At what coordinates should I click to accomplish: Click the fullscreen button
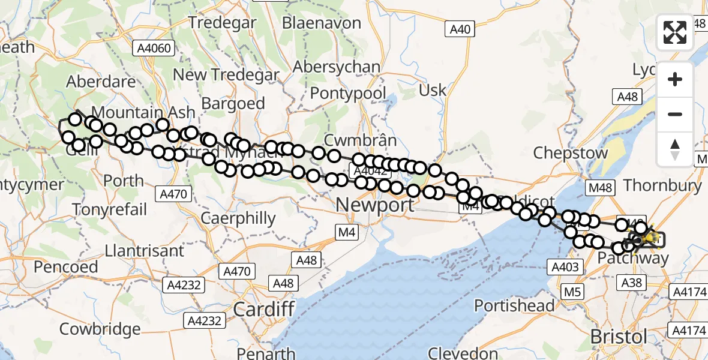[x=675, y=32]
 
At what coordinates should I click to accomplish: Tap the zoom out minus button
[x=675, y=114]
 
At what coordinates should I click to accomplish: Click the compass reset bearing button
[x=675, y=149]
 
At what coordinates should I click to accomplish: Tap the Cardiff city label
[x=263, y=310]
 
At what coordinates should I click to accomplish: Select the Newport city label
[x=374, y=205]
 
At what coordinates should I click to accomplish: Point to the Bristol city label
[x=619, y=336]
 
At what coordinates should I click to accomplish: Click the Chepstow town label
[x=571, y=152]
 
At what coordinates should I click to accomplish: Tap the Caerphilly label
[x=238, y=218]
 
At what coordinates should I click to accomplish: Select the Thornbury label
[x=662, y=185]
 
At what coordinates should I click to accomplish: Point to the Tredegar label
[x=223, y=23]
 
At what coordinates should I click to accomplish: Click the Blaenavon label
[x=322, y=23]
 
